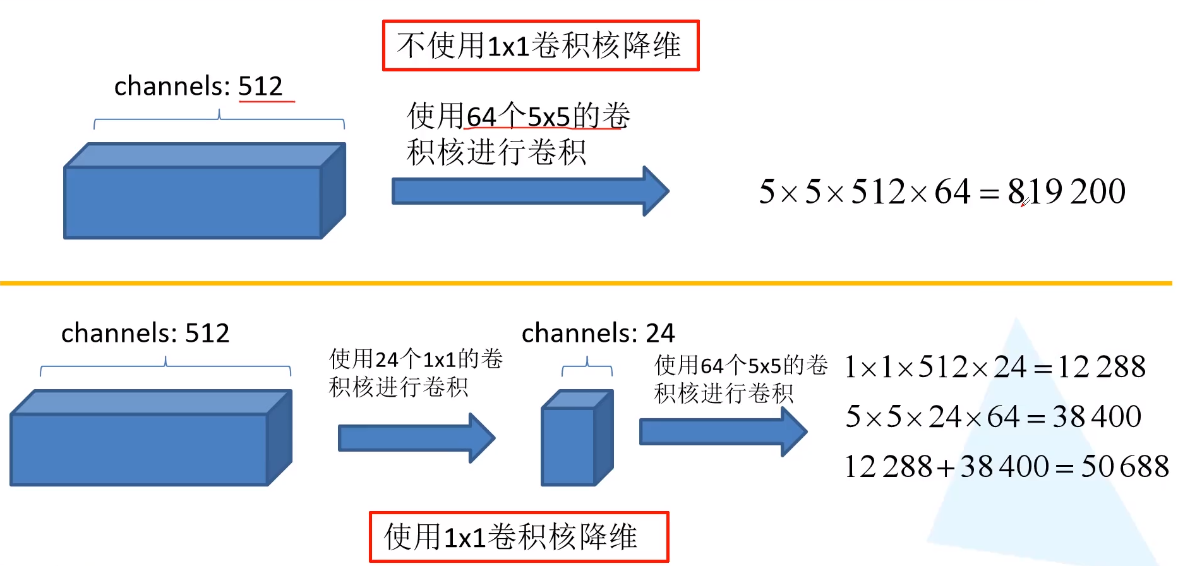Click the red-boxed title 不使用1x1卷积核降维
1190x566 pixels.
[x=540, y=45]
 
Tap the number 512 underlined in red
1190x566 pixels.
[x=260, y=86]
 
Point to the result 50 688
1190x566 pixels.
[x=1124, y=467]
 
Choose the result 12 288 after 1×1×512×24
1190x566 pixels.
[x=1102, y=367]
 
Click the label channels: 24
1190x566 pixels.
[x=598, y=333]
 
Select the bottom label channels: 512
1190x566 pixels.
[x=145, y=333]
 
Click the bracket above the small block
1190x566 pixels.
[x=587, y=366]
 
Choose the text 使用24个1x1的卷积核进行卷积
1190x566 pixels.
[x=415, y=373]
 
